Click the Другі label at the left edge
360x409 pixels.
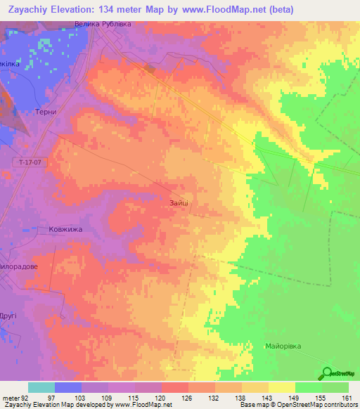coord(8,316)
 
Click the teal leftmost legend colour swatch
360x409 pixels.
coord(41,387)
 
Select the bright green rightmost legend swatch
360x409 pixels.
coord(335,387)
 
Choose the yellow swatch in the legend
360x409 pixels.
coord(282,387)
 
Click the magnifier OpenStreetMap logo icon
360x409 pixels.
coord(327,373)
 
